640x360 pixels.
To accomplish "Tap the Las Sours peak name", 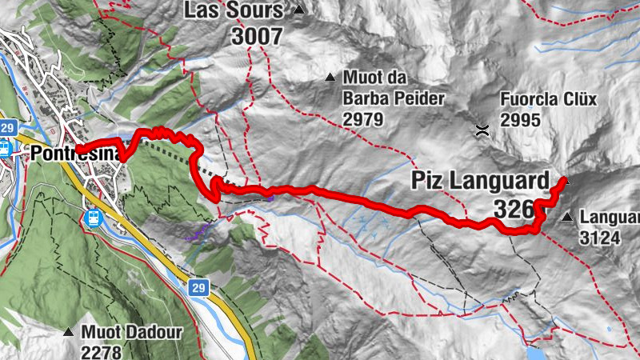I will [x=234, y=10].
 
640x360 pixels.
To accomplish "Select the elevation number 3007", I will [x=257, y=36].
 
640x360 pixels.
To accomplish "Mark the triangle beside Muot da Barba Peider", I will [x=330, y=78].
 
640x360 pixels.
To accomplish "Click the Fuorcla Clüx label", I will [x=549, y=100].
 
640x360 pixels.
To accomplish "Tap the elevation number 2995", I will [x=521, y=120].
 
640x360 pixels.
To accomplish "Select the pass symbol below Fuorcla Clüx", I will [x=482, y=130].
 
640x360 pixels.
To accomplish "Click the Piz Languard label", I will [x=481, y=180].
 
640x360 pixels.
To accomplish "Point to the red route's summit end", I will [x=565, y=180].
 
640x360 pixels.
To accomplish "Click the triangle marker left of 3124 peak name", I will [x=567, y=217].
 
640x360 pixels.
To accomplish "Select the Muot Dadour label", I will [x=132, y=332].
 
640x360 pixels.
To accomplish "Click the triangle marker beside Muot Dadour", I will [x=68, y=331].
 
